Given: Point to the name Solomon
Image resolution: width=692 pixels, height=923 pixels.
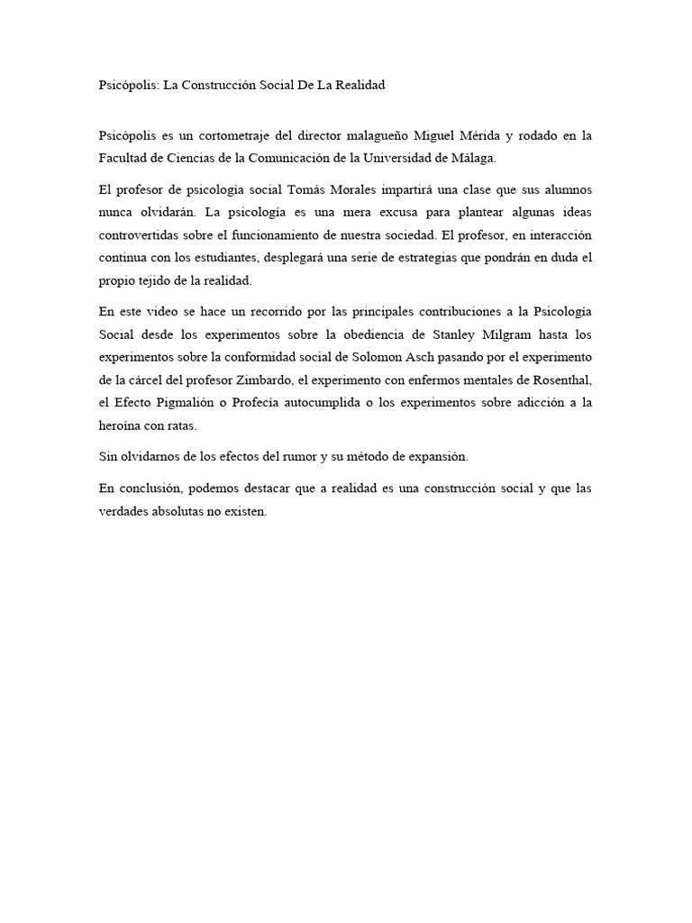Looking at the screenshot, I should [407, 357].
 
